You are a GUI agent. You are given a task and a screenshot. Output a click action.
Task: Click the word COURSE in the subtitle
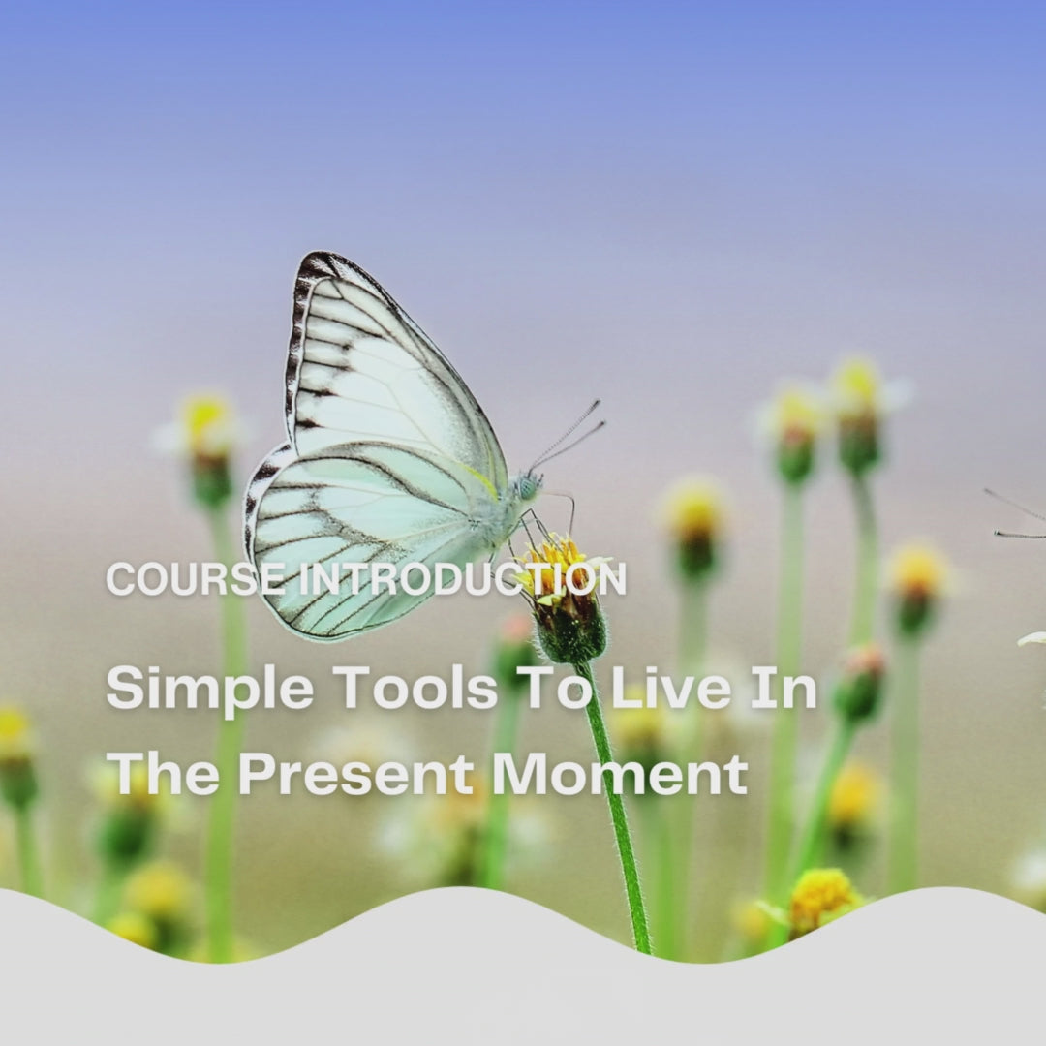pyautogui.click(x=195, y=579)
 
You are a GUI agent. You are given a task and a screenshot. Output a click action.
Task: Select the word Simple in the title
pyautogui.click(x=210, y=690)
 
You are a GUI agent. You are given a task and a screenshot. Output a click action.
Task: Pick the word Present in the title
pyautogui.click(x=356, y=774)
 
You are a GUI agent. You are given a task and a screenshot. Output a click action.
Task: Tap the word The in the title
pyautogui.click(x=163, y=774)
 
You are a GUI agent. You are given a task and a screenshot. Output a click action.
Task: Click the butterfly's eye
pyautogui.click(x=528, y=487)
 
